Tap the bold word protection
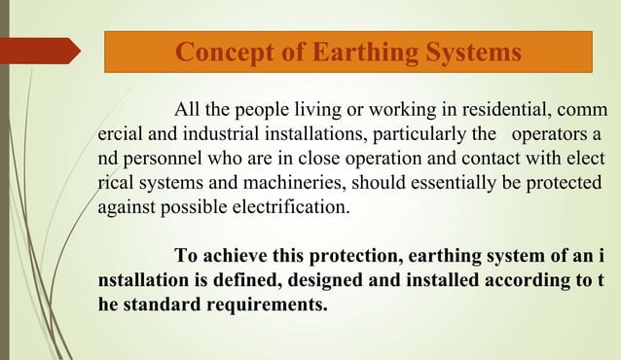click(353, 257)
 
